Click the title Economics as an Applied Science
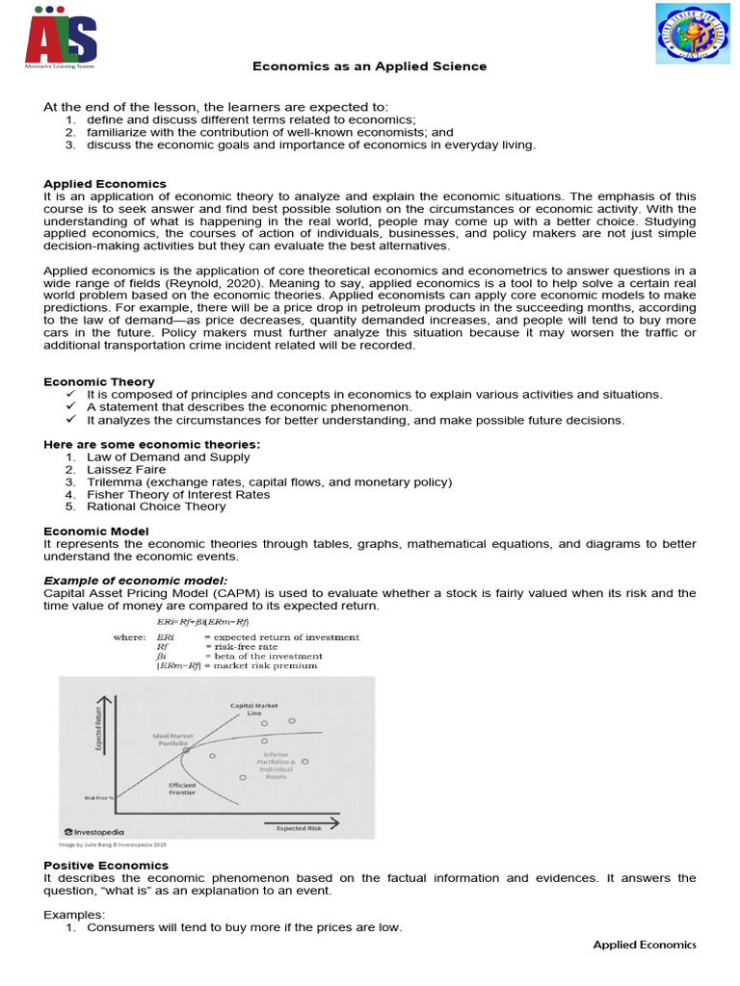pyautogui.click(x=369, y=66)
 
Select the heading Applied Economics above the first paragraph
pyautogui.click(x=105, y=184)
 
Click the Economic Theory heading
pyautogui.click(x=98, y=381)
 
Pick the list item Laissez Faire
pyautogui.click(x=124, y=469)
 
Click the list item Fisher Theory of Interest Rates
pyautogui.click(x=178, y=494)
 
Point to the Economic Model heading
pyautogui.click(x=96, y=532)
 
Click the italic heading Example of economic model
pyautogui.click(x=136, y=581)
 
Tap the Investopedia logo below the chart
pyautogui.click(x=93, y=831)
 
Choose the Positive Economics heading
pyautogui.click(x=105, y=865)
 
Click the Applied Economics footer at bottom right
pyautogui.click(x=644, y=945)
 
